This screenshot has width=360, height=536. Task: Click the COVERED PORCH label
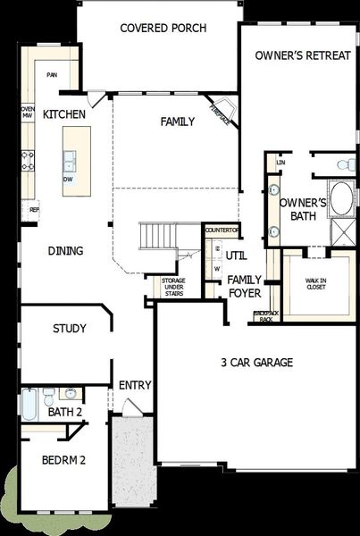pyautogui.click(x=163, y=29)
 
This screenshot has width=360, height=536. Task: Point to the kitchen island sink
pyautogui.click(x=69, y=161)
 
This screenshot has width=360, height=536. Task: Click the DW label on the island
pyautogui.click(x=68, y=179)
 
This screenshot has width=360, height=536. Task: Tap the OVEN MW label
pyautogui.click(x=28, y=112)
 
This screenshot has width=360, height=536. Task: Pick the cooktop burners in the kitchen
pyautogui.click(x=27, y=161)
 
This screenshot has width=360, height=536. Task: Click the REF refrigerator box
pyautogui.click(x=34, y=210)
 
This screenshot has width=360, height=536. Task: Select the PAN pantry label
pyautogui.click(x=53, y=75)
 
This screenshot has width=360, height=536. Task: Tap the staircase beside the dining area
pyautogui.click(x=157, y=237)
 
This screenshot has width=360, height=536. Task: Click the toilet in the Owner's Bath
pyautogui.click(x=343, y=164)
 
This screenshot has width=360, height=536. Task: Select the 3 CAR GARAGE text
pyautogui.click(x=257, y=363)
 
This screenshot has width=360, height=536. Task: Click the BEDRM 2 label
pyautogui.click(x=63, y=461)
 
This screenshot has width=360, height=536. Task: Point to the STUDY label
pyautogui.click(x=69, y=329)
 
